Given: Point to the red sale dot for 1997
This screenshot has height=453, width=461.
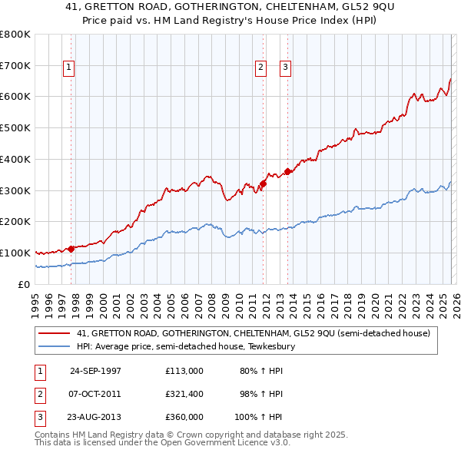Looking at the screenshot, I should coord(71,248).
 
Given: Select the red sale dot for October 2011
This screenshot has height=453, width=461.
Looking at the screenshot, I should coord(263,184).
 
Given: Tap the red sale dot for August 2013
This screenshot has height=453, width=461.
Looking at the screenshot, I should coord(288,171).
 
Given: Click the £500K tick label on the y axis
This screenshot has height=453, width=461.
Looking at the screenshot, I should coord(15,127).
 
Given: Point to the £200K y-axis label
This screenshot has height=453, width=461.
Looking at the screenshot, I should coord(15,221).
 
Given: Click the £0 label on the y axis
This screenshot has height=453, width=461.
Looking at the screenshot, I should coord(23,284).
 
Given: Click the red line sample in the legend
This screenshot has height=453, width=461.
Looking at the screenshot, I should coord(55,333).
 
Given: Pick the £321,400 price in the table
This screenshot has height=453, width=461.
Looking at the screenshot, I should coord(184,394).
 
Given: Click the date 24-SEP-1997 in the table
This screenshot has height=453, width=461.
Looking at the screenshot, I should coord(95,371).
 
